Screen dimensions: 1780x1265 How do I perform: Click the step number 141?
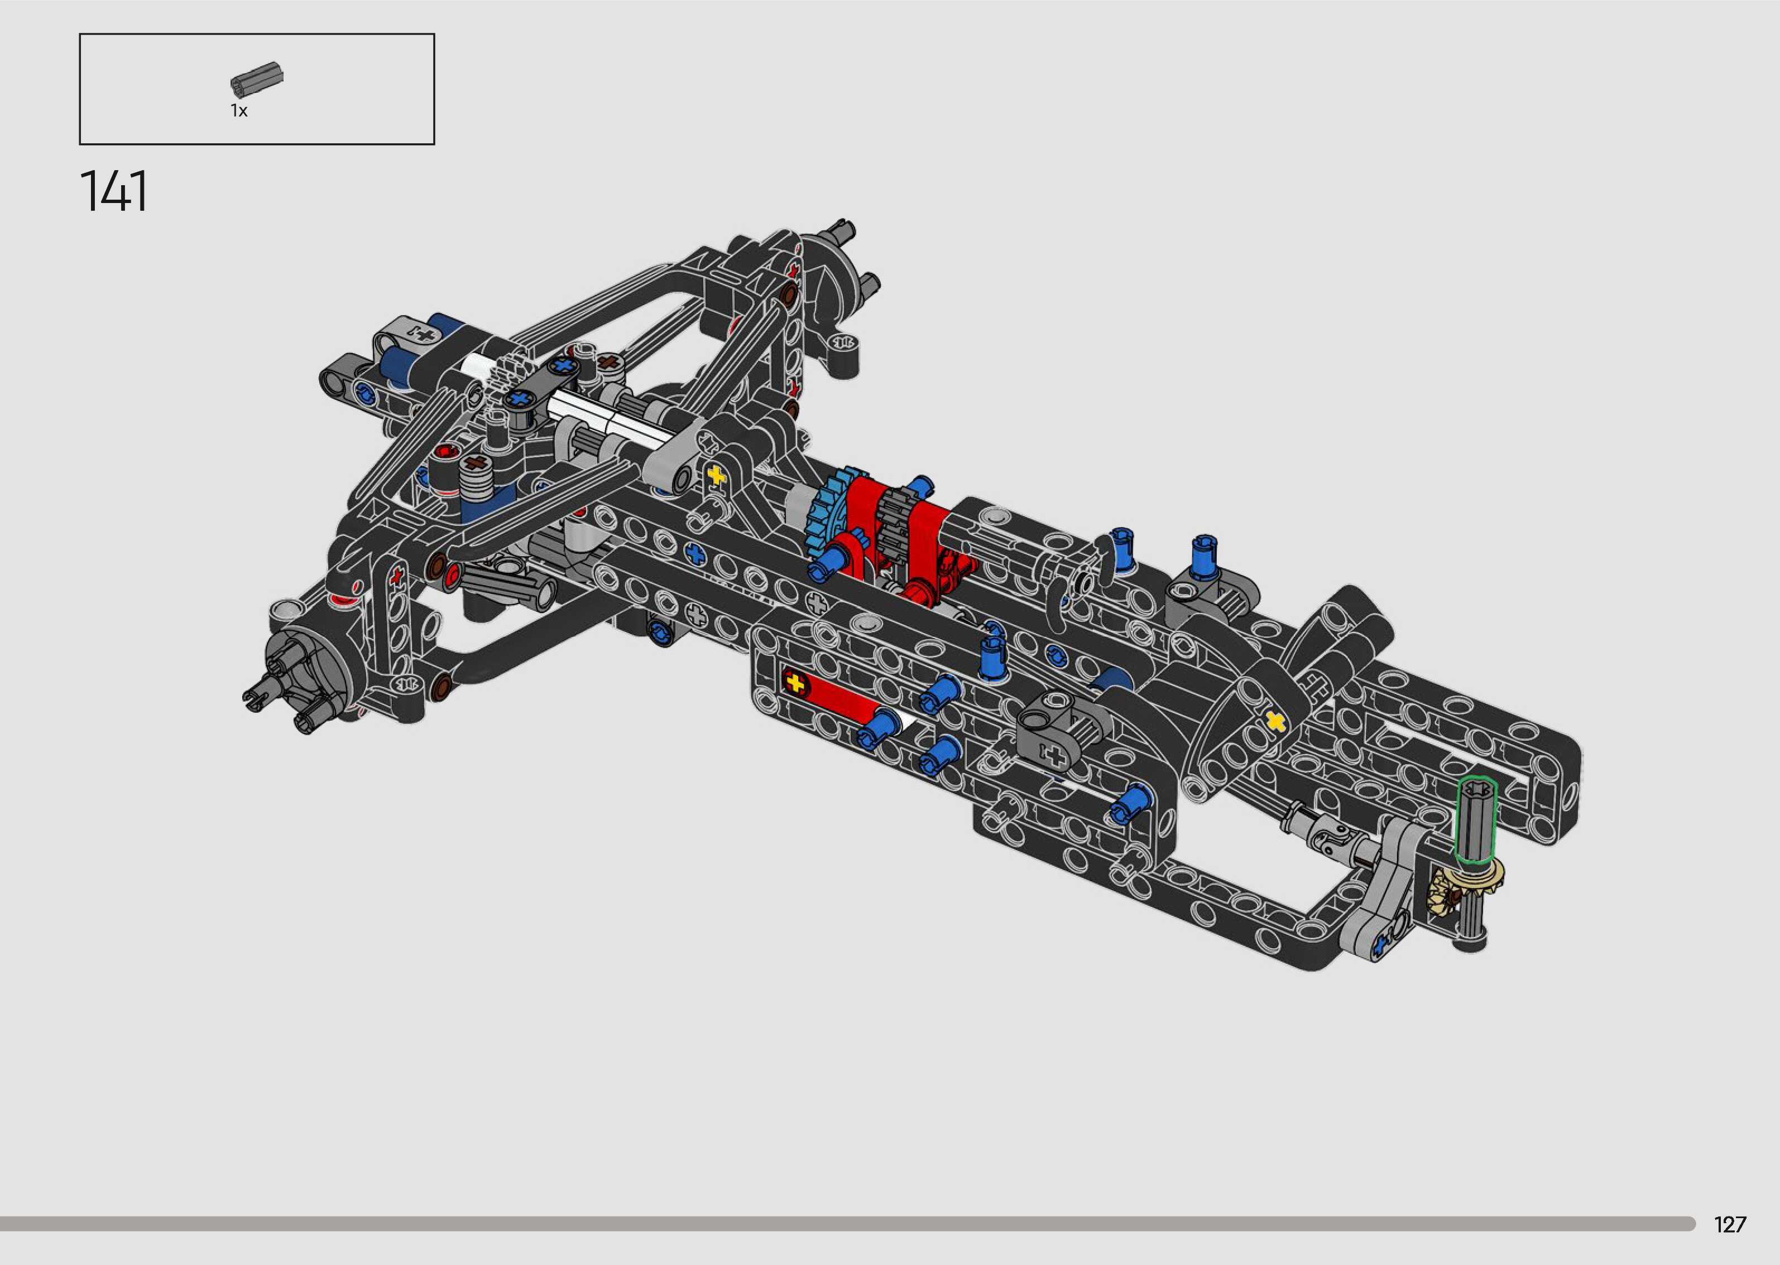pos(114,192)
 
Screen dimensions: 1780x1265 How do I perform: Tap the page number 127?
pos(1729,1224)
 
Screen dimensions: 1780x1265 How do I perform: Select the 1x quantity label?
pos(238,110)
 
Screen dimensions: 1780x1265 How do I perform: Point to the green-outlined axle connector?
pos(1476,822)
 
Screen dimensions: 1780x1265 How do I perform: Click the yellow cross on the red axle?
pos(793,683)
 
